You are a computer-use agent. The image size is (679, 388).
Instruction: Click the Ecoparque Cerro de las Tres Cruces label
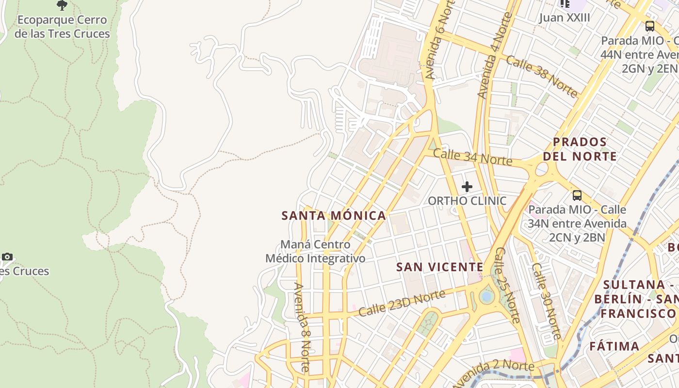(62, 27)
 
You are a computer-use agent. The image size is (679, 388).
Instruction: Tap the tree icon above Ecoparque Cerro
(62, 5)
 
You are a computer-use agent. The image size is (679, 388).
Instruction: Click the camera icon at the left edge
(7, 257)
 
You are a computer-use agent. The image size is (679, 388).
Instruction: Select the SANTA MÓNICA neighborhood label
(334, 216)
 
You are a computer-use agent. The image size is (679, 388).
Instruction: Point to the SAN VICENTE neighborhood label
(439, 267)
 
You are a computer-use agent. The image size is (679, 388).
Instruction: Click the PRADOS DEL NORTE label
(580, 149)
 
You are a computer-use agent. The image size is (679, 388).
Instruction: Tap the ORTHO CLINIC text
(467, 201)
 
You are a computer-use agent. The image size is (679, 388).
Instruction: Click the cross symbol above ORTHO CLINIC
(467, 187)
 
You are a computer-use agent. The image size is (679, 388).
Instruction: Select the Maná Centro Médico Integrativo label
(315, 252)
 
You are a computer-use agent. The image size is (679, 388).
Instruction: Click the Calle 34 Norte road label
(472, 157)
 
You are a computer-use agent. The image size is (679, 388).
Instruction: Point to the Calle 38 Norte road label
(541, 76)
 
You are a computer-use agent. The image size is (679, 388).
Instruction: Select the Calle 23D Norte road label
(402, 303)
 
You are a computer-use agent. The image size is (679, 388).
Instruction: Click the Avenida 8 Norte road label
(302, 327)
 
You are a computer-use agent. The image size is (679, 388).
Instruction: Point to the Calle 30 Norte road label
(546, 301)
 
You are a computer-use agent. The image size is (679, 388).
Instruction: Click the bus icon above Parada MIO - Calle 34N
(577, 195)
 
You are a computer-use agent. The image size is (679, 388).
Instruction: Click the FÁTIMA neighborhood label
(614, 346)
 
